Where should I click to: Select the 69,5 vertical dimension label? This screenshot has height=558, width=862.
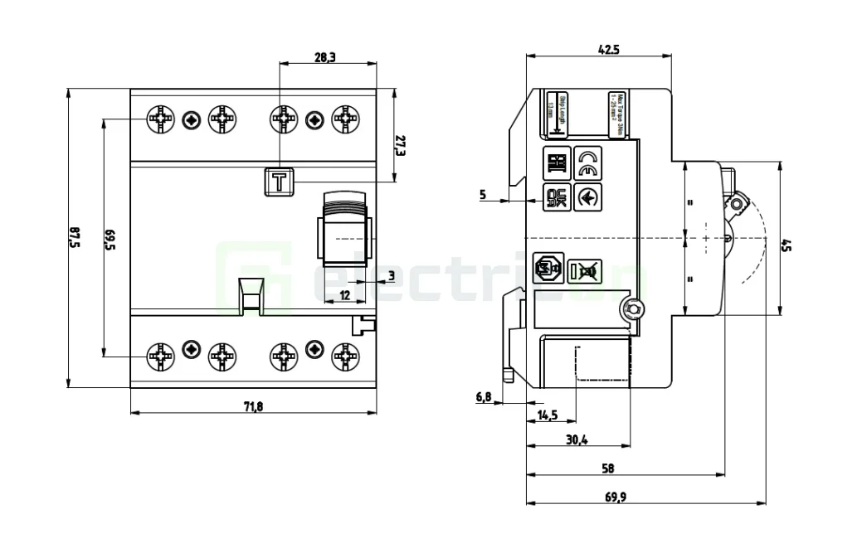[109, 239]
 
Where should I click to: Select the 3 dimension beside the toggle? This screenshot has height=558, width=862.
[392, 274]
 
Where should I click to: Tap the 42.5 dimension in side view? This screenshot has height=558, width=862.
[609, 50]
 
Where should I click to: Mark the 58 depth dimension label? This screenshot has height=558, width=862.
[608, 468]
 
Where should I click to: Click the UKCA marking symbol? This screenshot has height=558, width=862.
[556, 198]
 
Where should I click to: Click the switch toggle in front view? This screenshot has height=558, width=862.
[343, 234]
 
